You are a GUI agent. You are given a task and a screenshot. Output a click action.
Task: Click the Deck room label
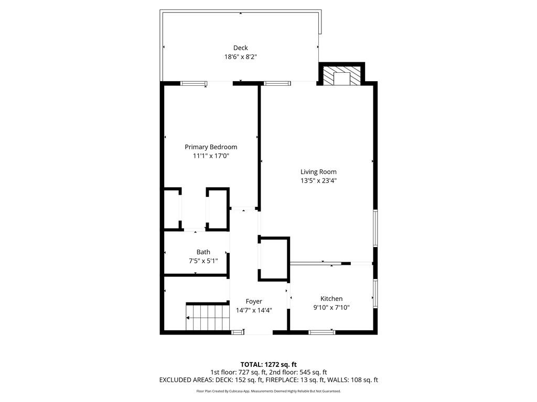tap(240, 48)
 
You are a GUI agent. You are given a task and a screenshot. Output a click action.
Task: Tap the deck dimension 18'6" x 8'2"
tap(240, 57)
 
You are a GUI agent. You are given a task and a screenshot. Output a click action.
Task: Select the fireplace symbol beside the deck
tap(342, 75)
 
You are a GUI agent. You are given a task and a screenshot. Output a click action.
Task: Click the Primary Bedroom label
tap(211, 147)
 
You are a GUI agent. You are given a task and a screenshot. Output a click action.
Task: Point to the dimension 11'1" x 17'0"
tap(211, 156)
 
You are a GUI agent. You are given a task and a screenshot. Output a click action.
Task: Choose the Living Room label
tap(318, 172)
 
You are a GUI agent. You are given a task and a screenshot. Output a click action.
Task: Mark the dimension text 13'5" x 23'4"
tap(318, 181)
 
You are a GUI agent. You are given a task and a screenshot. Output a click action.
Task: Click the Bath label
tap(203, 252)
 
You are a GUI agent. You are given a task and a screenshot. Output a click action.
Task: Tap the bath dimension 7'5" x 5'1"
tap(203, 261)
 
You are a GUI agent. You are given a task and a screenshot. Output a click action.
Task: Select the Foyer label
tap(254, 301)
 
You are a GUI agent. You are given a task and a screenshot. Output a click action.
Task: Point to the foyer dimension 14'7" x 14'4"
tap(254, 310)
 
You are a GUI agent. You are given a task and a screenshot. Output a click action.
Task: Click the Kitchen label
tap(331, 298)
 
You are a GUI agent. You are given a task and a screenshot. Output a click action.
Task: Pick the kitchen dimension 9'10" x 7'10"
tap(331, 307)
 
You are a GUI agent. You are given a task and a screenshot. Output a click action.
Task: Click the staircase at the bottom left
tap(208, 317)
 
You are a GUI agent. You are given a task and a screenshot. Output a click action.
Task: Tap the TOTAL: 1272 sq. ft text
tap(268, 364)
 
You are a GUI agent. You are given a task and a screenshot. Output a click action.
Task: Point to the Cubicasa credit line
tap(268, 391)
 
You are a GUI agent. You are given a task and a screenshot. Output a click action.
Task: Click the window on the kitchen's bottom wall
tap(321, 331)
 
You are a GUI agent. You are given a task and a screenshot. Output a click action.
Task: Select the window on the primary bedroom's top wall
tap(194, 83)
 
